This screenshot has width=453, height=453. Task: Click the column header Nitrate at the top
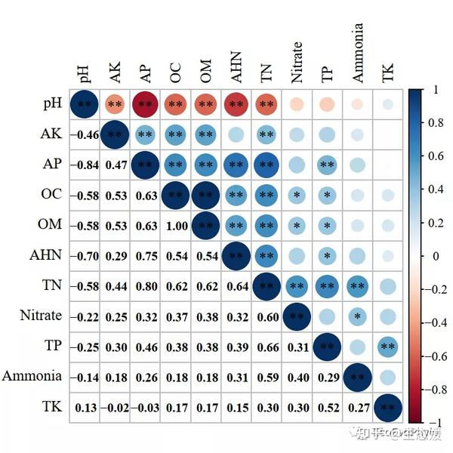tap(297, 62)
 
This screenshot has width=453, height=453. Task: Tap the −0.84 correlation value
tap(85, 164)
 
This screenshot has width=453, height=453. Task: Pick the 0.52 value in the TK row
tap(327, 407)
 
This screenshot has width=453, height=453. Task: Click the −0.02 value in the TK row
tap(115, 407)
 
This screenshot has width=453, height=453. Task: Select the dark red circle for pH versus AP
tap(145, 103)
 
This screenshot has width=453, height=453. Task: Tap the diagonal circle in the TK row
tap(388, 407)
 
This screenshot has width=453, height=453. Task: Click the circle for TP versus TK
tap(388, 347)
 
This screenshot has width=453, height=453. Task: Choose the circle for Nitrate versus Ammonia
tap(358, 316)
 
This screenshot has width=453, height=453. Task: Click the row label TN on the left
tap(51, 285)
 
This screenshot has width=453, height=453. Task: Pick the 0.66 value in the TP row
tap(267, 347)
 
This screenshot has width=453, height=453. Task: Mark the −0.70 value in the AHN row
tap(85, 254)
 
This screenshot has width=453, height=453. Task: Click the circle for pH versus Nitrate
tap(297, 103)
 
